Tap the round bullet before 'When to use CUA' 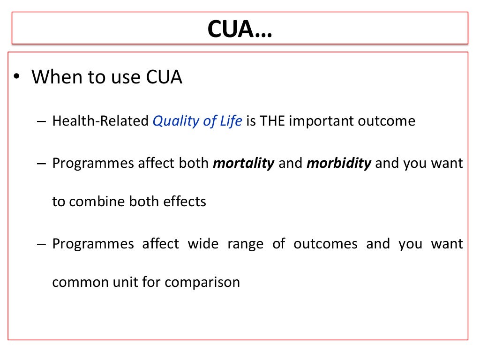point(17,77)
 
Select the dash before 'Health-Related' point(41,121)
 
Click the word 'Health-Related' point(100,121)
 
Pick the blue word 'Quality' point(173,121)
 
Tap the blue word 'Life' point(231,121)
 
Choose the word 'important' point(321,121)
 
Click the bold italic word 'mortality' point(243,164)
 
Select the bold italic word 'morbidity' point(338,164)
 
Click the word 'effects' point(185,202)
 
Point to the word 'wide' point(203,244)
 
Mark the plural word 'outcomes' point(325,244)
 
